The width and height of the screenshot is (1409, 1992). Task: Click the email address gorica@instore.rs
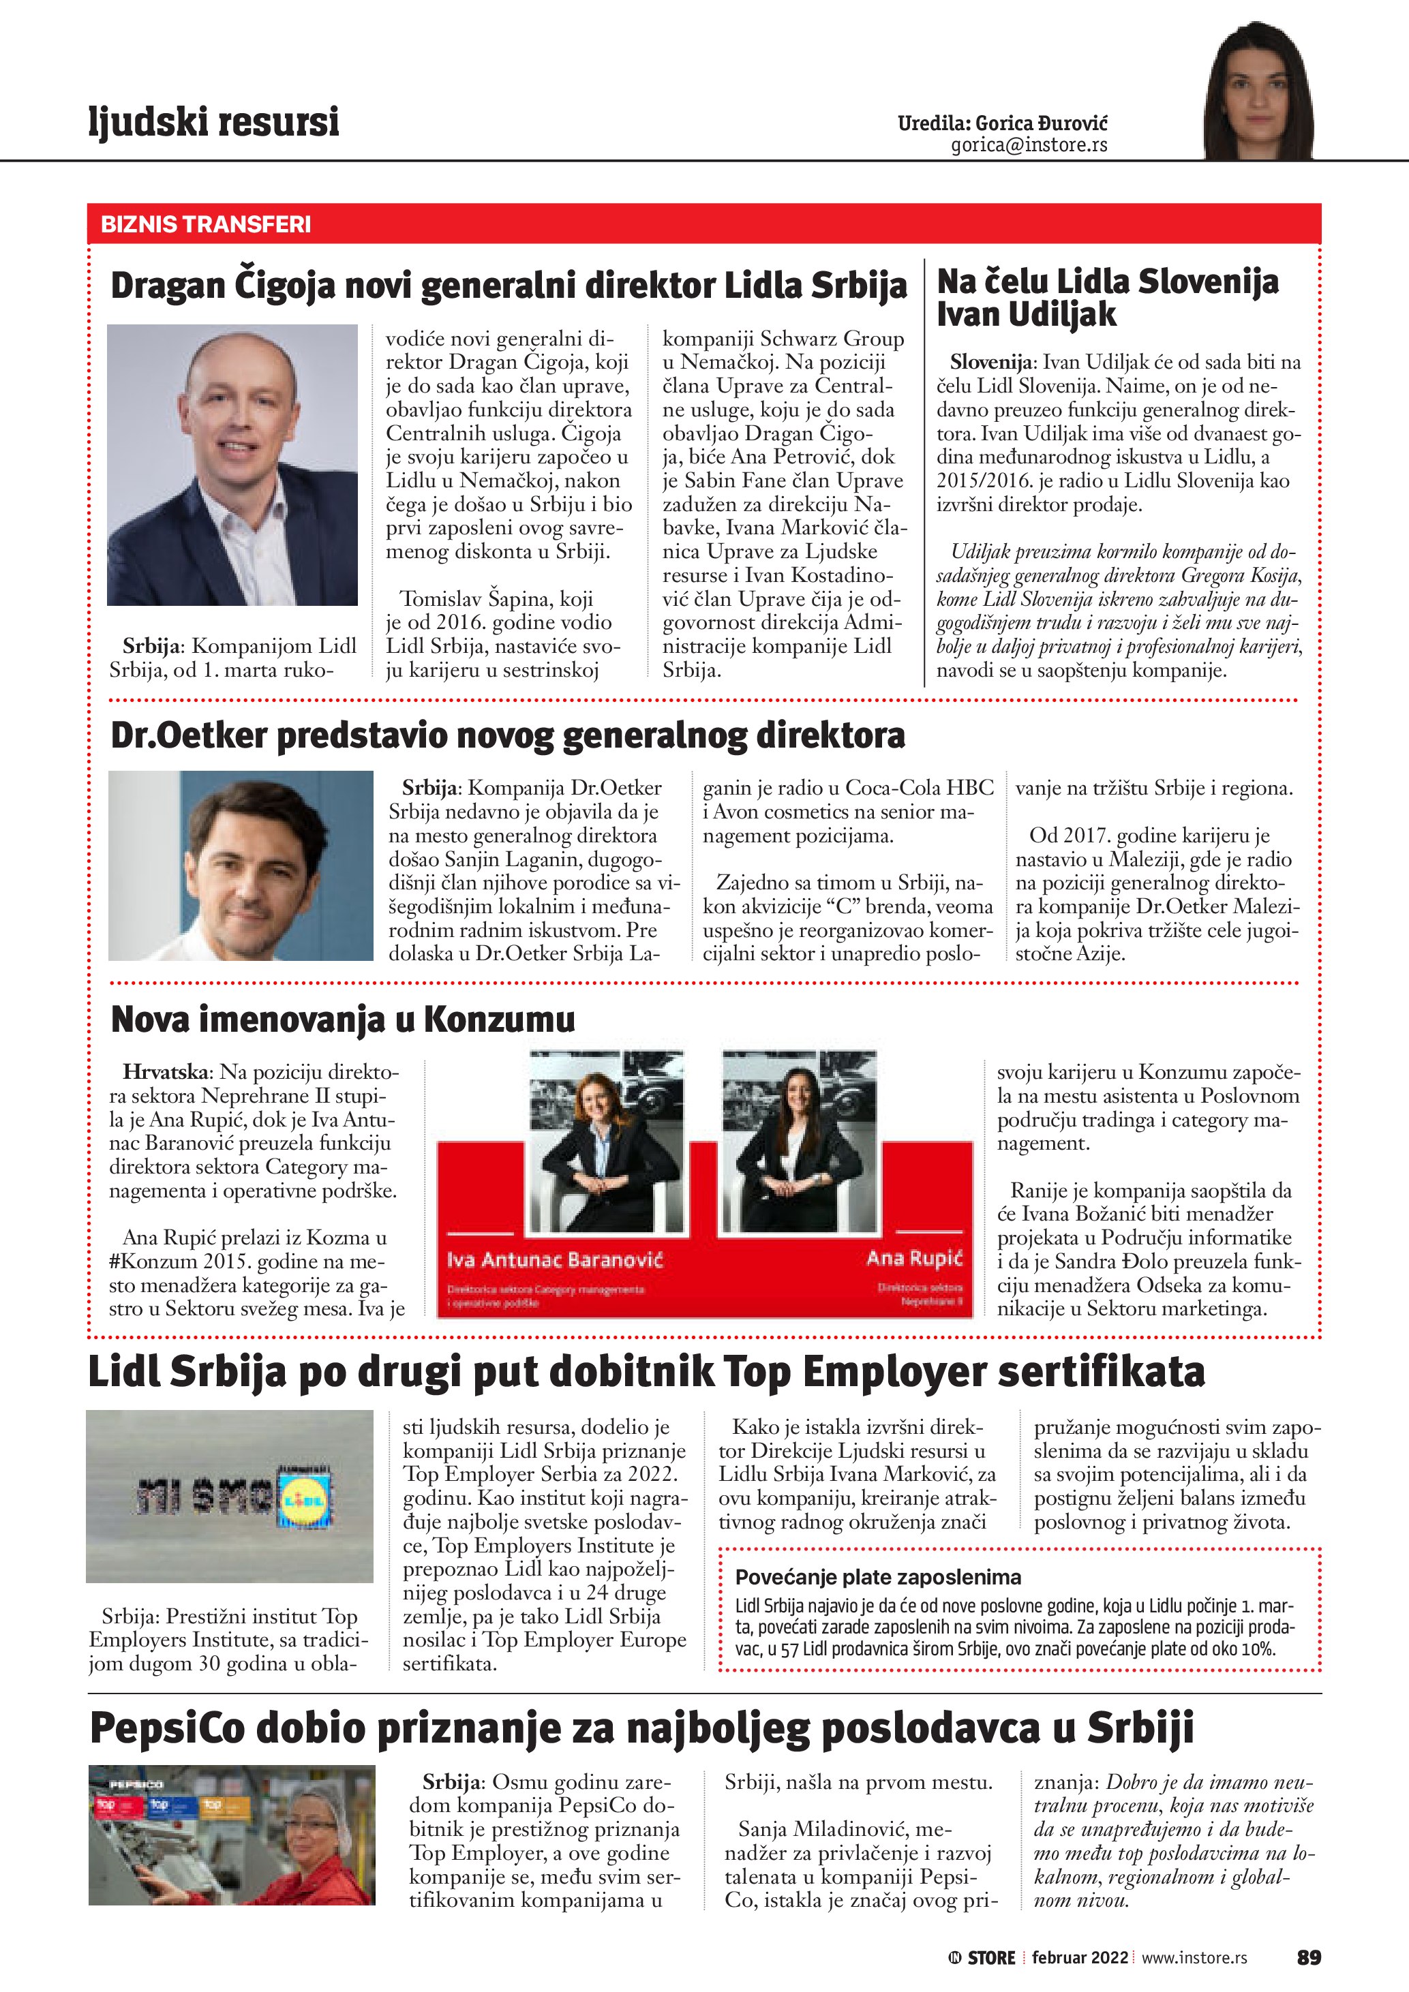[x=1029, y=145]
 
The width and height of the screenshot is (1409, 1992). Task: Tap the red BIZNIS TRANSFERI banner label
[x=206, y=225]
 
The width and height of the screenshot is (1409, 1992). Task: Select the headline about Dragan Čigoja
[x=508, y=286]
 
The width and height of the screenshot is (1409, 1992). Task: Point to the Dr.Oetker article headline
[x=508, y=735]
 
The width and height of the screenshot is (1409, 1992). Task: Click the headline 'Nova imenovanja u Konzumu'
[x=343, y=1019]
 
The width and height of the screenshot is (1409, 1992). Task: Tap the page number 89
[x=1308, y=1957]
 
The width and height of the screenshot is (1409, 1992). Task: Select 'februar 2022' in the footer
[x=1079, y=1958]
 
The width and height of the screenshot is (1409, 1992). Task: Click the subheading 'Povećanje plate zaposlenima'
[x=878, y=1577]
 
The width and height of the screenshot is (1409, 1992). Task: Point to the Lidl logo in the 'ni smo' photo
[x=305, y=1499]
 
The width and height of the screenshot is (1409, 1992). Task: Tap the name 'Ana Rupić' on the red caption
[x=915, y=1258]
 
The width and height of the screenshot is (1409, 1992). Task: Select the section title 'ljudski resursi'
[x=213, y=121]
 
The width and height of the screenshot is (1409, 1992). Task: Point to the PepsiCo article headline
[x=641, y=1728]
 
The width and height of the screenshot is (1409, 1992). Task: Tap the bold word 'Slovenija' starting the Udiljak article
[x=992, y=362]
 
